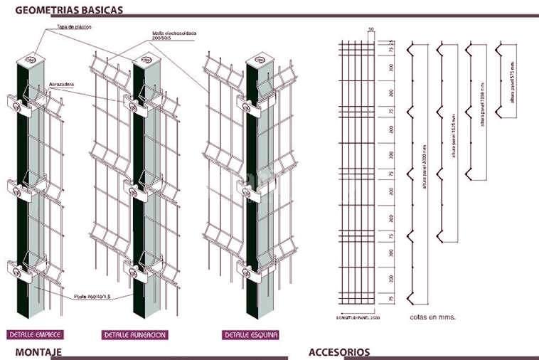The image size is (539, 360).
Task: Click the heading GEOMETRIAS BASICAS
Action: pos(68,10)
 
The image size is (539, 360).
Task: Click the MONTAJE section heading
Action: pos(38,352)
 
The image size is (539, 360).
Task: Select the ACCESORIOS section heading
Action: pos(339,352)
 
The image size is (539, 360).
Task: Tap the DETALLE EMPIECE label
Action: pos(35,334)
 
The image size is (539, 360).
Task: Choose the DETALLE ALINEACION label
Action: pos(135,334)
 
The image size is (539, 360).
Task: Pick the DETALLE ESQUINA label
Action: pos(250,334)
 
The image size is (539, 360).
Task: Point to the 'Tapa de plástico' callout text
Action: pos(75,27)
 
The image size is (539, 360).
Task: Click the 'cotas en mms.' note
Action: pos(432,316)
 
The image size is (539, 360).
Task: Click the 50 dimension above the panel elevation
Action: pos(370,29)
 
